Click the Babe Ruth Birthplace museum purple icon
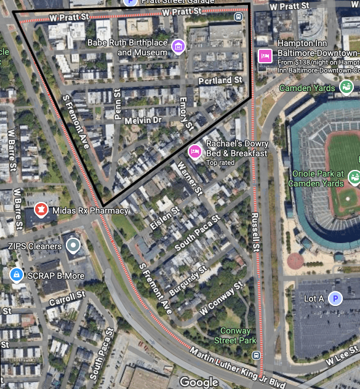tap(178, 47)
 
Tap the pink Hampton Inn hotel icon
tap(266, 55)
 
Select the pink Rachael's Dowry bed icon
tap(195, 151)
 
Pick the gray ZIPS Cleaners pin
tap(73, 246)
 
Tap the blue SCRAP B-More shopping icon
tap(16, 275)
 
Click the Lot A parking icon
tap(335, 299)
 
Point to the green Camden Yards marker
tap(346, 87)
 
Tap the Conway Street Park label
tap(238, 335)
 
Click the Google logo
tap(199, 382)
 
